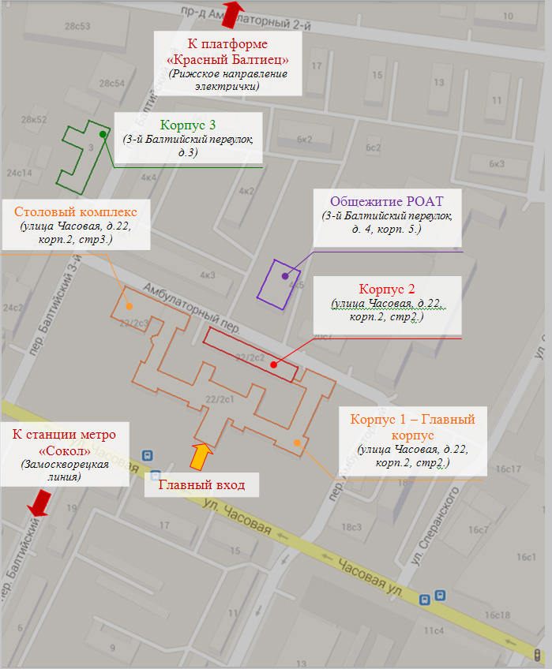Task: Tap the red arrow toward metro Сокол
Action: [x=39, y=502]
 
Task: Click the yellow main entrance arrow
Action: [x=201, y=457]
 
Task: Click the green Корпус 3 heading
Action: [x=187, y=125]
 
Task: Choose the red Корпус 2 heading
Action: [x=387, y=288]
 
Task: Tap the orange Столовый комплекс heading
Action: [x=76, y=211]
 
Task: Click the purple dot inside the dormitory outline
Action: [x=285, y=276]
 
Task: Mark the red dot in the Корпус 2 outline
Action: [x=273, y=364]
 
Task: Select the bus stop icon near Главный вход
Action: [x=146, y=456]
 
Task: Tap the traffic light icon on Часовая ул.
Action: [x=537, y=655]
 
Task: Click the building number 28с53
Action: [x=79, y=26]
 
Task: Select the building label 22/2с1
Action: [x=220, y=399]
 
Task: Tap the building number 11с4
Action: [x=434, y=630]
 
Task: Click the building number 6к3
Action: [x=497, y=163]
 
